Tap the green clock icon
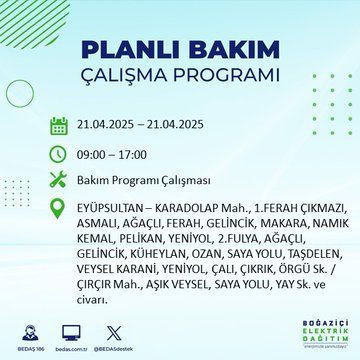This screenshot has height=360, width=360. (58, 154)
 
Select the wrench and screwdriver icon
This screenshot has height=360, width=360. (58, 180)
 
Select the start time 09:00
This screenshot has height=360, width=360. (94, 154)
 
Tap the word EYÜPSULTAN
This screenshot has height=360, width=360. (114, 206)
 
